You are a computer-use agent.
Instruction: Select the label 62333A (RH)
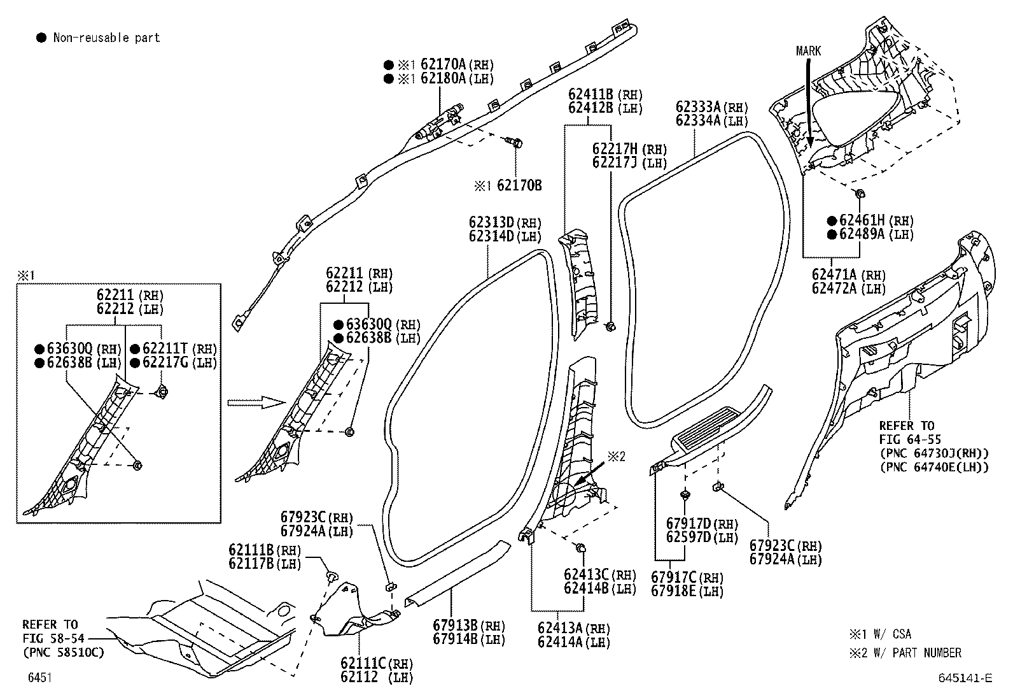711,107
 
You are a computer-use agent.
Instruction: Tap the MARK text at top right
808,51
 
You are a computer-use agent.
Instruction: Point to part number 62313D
491,223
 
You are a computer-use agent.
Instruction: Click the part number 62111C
363,664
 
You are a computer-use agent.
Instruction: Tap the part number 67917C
674,578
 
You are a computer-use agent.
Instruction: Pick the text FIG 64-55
910,439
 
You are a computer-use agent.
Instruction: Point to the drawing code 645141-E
965,678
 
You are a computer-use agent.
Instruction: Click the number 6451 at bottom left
39,678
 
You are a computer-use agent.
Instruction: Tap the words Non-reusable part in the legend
106,38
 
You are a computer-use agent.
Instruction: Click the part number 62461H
862,220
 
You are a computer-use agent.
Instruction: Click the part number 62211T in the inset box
165,349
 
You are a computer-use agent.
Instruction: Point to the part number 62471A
834,275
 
